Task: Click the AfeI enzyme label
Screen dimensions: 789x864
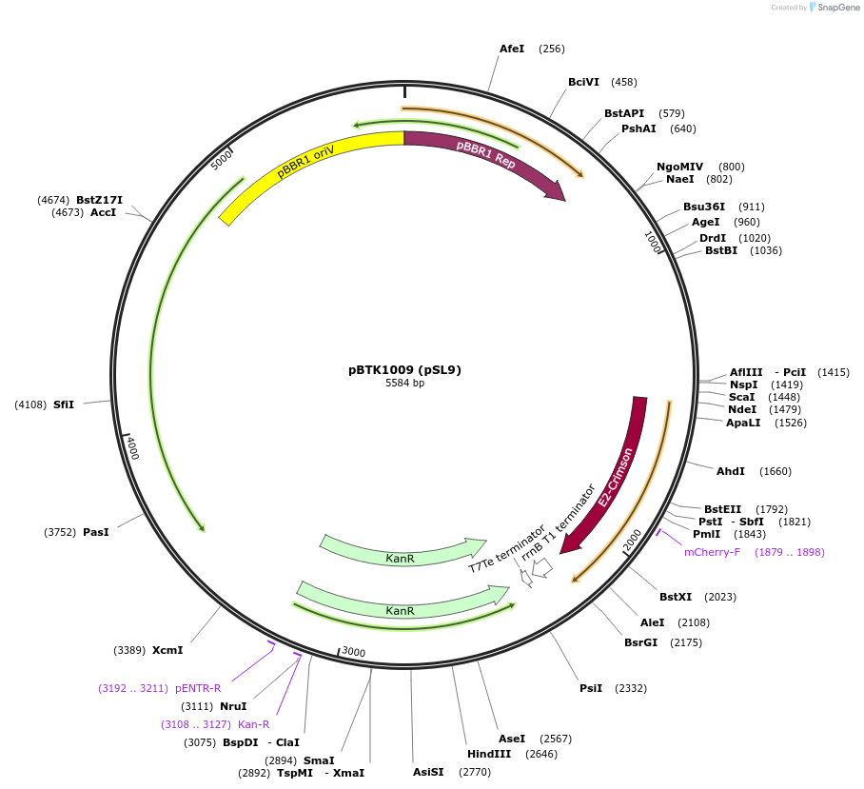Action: [x=512, y=49]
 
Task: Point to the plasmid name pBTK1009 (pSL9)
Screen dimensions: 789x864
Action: [x=404, y=369]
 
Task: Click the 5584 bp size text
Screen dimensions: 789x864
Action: [x=404, y=383]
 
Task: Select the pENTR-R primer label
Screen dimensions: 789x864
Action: [x=198, y=688]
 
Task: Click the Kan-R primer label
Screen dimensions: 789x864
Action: [x=253, y=724]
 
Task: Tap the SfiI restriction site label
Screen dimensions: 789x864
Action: [x=64, y=404]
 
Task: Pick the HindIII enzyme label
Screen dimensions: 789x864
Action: [x=489, y=754]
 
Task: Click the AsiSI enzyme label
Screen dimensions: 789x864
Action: [x=428, y=772]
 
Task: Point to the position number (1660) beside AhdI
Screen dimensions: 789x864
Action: [x=775, y=471]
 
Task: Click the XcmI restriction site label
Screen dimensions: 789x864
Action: [x=167, y=650]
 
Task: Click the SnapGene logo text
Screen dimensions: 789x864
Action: [x=839, y=8]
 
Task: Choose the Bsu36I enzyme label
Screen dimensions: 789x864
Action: [x=704, y=207]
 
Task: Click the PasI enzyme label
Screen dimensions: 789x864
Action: [x=96, y=532]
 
